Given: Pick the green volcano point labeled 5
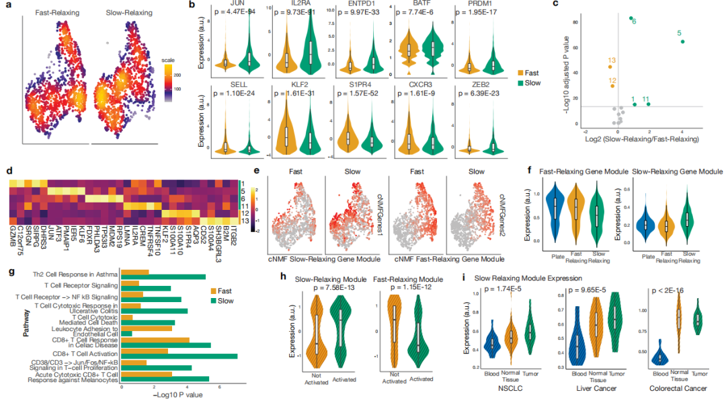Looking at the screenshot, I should [683, 42].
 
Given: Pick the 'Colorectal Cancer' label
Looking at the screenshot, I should [677, 390].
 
